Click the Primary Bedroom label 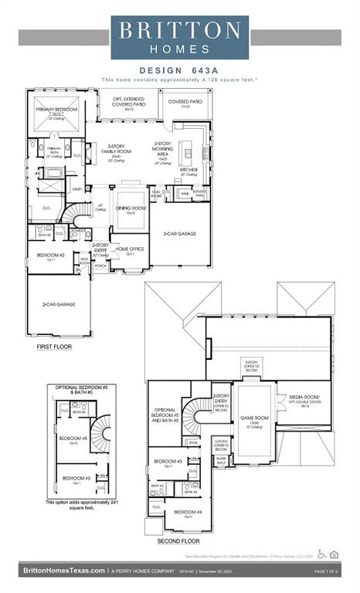54,110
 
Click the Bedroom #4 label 188,513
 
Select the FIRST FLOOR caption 54,347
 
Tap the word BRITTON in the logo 181,30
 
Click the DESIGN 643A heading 180,70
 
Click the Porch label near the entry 100,266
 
